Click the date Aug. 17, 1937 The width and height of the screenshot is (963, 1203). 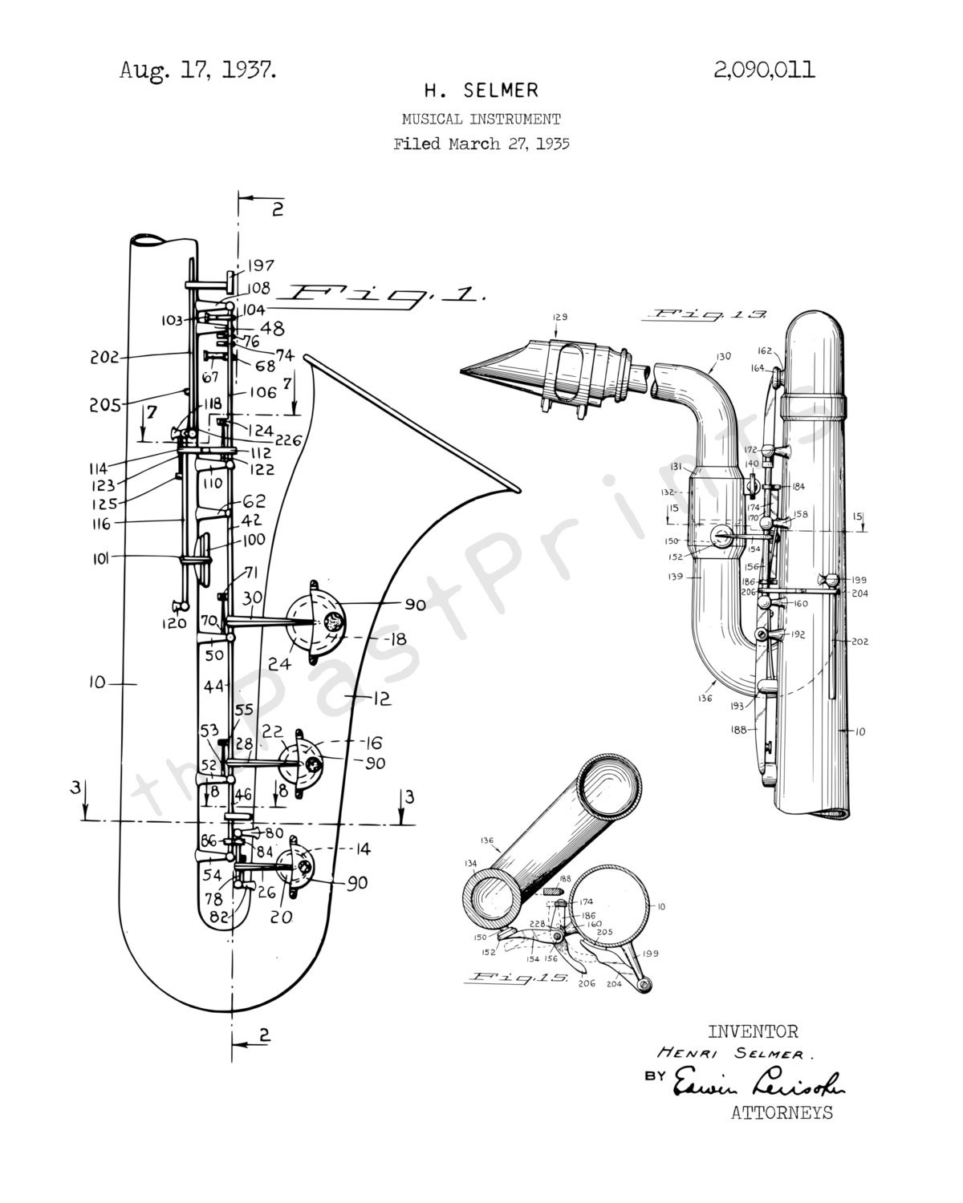pos(197,71)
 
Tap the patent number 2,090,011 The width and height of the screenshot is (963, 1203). pos(763,71)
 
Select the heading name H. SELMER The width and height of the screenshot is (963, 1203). pos(481,91)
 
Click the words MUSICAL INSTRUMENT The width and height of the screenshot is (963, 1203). pos(481,119)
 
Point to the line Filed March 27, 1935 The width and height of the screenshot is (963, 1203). pos(481,144)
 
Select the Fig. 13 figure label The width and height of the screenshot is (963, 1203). pos(710,315)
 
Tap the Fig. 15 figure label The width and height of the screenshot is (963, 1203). pos(519,978)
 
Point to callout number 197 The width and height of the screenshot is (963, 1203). pos(260,265)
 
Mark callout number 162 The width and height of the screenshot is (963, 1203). pos(763,350)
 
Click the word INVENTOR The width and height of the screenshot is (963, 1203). pos(752,1031)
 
